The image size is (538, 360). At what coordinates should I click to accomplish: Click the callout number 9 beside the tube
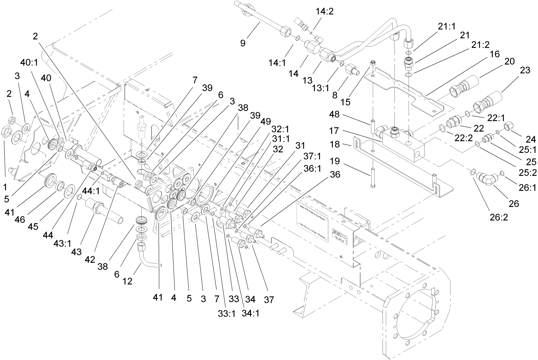pyautogui.click(x=243, y=43)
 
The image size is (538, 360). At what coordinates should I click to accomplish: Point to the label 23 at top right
pyautogui.click(x=525, y=70)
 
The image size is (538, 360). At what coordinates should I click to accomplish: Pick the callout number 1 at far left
pyautogui.click(x=5, y=187)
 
